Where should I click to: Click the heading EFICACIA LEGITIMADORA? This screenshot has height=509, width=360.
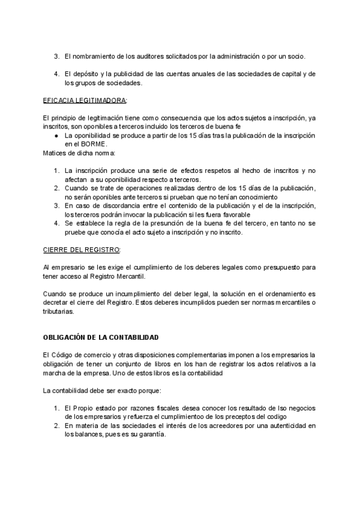pos(85,100)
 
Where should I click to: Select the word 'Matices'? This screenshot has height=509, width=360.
pos(56,154)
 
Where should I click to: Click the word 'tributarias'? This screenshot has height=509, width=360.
pos(59,312)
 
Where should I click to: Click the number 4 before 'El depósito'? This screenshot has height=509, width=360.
pos(55,74)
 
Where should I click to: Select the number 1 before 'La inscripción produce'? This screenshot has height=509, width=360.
pos(55,171)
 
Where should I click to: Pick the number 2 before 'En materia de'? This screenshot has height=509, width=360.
pos(55,426)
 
